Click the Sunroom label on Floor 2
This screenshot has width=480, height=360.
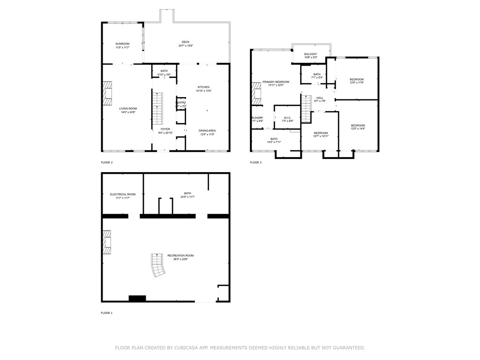point(122,44)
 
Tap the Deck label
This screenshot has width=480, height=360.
point(186,42)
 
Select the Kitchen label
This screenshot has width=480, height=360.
point(203,87)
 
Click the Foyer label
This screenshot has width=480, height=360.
point(165,129)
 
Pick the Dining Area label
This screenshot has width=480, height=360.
point(207,131)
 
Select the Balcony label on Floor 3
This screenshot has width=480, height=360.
point(310,54)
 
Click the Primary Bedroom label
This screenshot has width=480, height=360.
point(276,82)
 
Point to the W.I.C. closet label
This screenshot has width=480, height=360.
point(287,118)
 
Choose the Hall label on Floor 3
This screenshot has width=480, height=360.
point(320,98)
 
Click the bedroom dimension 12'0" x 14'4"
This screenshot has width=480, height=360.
point(358,129)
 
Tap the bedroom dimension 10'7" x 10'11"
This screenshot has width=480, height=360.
point(321,136)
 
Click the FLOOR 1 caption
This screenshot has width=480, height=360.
point(107,313)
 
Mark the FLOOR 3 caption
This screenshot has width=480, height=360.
point(255,163)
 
